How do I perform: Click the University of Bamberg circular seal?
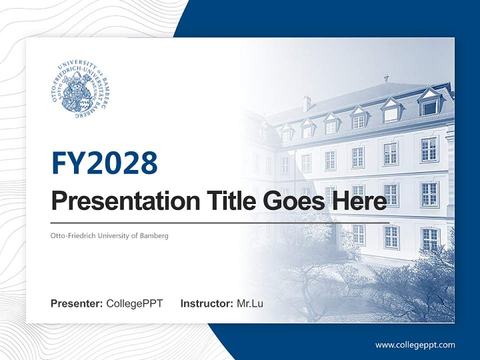pyautogui.click(x=80, y=89)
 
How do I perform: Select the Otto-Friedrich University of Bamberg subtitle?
pyautogui.click(x=109, y=235)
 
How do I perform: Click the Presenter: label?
pyautogui.click(x=77, y=303)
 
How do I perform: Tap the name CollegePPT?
pyautogui.click(x=134, y=303)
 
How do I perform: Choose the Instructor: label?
pyautogui.click(x=206, y=303)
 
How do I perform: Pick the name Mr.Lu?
pyautogui.click(x=250, y=303)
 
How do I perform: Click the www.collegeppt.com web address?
pyautogui.click(x=415, y=344)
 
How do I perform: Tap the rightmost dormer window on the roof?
pyautogui.click(x=429, y=102)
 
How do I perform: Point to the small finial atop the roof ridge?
pyautogui.click(x=386, y=78)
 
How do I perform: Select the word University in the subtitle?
pyautogui.click(x=112, y=235)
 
